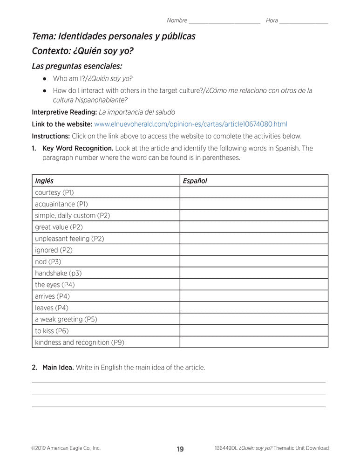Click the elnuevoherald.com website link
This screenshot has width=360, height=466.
[190, 124]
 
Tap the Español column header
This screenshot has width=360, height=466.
[195, 181]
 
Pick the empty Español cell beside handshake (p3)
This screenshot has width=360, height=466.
[254, 273]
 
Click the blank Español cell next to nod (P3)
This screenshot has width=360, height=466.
[254, 261]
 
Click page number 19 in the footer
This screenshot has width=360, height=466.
[180, 449]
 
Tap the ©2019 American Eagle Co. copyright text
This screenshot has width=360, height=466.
[66, 448]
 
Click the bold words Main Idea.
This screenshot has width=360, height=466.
[58, 367]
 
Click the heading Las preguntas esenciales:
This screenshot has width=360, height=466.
[77, 66]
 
